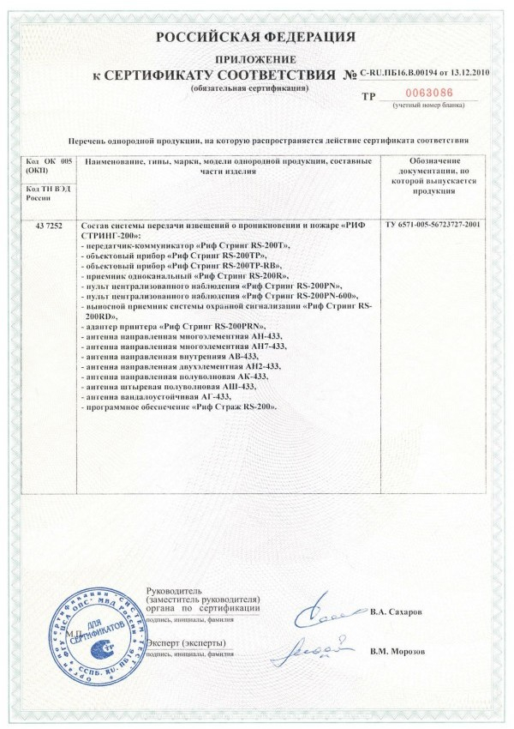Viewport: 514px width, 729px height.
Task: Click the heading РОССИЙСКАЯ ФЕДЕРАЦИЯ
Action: pyautogui.click(x=255, y=37)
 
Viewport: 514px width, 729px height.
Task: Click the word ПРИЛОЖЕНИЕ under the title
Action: pyautogui.click(x=255, y=58)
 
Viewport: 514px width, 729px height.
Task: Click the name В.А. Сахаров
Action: pyautogui.click(x=397, y=613)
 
